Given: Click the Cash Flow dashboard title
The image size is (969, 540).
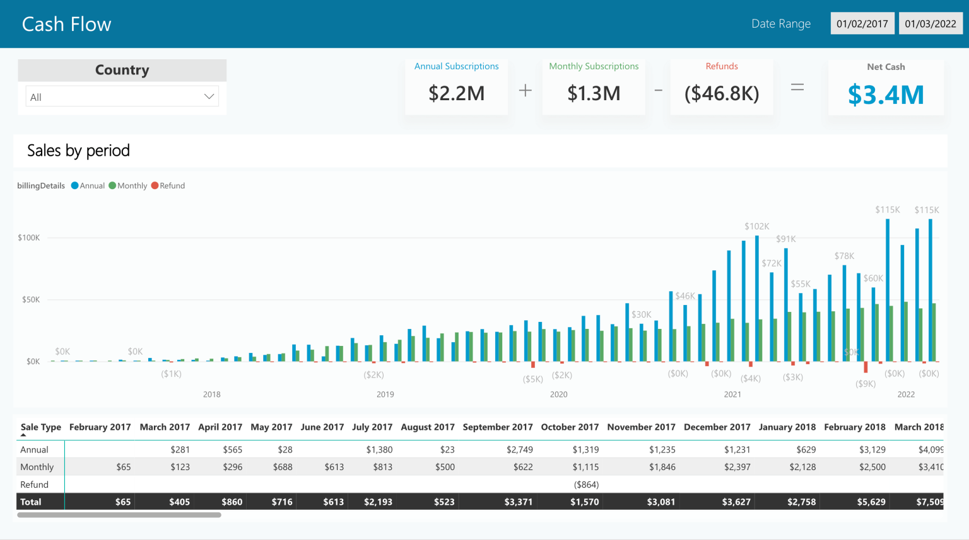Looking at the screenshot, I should pos(66,24).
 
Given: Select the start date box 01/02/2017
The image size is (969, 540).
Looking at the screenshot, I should pos(862,24).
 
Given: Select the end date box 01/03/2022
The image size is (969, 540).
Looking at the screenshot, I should pos(930,24).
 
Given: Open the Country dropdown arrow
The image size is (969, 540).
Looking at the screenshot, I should pos(209,96).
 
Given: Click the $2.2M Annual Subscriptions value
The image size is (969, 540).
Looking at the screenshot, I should pos(456,93).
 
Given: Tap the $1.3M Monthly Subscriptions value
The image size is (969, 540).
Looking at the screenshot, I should pos(594,93).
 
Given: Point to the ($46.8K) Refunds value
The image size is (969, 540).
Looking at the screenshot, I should pos(722,93).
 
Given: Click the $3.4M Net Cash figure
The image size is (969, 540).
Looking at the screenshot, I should pos(886,95).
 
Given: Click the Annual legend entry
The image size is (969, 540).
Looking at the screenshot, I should pos(88,186).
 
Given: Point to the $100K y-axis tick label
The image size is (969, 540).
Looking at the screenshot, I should pos(29,238).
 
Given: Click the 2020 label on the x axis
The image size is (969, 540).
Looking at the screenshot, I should pos(558,394).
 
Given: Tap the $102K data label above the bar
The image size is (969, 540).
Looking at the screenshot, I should pos(756,226).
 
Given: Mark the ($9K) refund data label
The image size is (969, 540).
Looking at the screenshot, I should pos(865,384).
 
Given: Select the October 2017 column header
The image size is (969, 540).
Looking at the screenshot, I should pos(570,427).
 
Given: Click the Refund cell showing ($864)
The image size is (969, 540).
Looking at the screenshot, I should pos(586,485).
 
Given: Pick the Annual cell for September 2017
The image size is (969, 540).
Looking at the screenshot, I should pos(519,450).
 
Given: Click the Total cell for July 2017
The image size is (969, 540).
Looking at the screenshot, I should pos(378,502).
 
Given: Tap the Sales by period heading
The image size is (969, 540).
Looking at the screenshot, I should pos(78,151).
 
